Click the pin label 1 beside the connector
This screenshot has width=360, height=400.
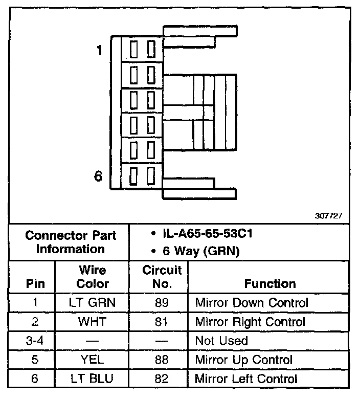[99, 50]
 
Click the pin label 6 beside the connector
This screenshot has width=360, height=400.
[99, 176]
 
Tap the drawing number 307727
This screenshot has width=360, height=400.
[328, 216]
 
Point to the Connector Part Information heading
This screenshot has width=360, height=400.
[71, 242]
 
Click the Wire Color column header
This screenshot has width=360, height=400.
[93, 276]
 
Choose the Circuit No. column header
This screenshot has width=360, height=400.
[162, 276]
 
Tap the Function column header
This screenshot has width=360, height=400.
[269, 283]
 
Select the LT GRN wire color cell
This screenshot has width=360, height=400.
[93, 302]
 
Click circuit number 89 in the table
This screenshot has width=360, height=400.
[162, 302]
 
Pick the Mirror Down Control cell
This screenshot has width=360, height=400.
[252, 302]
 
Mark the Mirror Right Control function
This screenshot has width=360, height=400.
[250, 322]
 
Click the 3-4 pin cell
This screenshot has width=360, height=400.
[35, 341]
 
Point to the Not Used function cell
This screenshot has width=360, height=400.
[221, 341]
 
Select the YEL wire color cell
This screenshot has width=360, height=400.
[93, 360]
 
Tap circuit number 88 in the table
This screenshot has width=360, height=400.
[162, 360]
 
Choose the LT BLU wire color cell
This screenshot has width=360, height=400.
[93, 379]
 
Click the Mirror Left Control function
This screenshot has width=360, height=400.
[246, 379]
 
